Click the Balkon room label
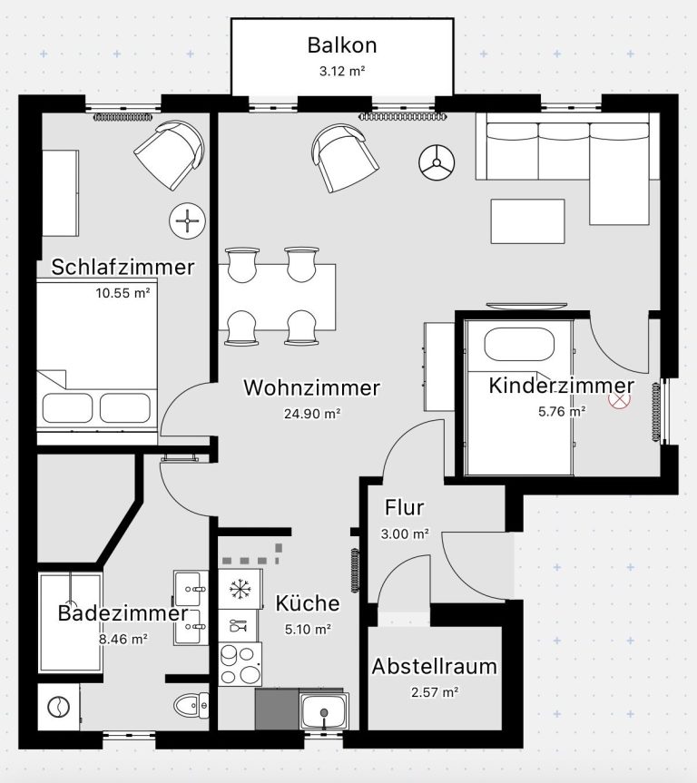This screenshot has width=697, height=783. (x=342, y=45)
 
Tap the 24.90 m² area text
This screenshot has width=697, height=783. (x=312, y=414)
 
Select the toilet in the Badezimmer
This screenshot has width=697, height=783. (x=191, y=705)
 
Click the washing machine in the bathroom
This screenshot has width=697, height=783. (x=59, y=707)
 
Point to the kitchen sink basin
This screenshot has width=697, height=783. (x=324, y=711)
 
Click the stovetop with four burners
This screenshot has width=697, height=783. (x=240, y=664)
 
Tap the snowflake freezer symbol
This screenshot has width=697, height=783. (x=241, y=589)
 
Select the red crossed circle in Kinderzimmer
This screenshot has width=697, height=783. (x=619, y=398)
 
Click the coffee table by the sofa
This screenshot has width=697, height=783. (x=527, y=221)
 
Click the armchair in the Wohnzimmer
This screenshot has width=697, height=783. (x=344, y=157)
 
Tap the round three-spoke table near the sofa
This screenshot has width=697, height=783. (x=437, y=162)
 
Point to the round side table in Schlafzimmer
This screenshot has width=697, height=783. (x=187, y=220)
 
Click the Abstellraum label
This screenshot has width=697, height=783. (x=434, y=666)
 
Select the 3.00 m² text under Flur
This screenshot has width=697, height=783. (x=405, y=533)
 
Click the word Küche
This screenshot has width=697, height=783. (x=308, y=603)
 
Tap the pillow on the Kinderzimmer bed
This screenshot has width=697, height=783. (x=519, y=344)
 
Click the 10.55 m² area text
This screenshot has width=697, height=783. (x=123, y=293)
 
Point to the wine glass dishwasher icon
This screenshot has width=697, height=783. (x=238, y=625)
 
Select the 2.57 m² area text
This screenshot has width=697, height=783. (x=435, y=692)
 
